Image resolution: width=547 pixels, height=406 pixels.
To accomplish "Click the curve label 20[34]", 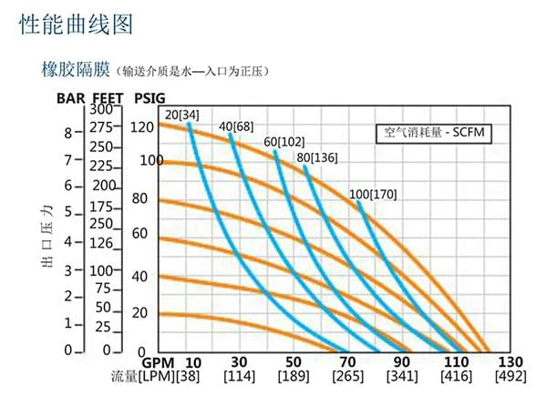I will pos(181,114).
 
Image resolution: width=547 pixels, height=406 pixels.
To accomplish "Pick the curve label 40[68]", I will pos(236,125).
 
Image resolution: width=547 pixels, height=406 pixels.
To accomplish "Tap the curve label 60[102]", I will pos(284,142).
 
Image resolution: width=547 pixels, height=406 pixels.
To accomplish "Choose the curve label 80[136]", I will pos(317,157).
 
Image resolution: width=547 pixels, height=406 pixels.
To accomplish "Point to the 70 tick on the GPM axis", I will pos(346,360).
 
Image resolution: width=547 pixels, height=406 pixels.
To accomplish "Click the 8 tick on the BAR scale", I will pos(67,132).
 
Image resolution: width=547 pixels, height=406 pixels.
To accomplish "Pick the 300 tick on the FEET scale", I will pos(100,110).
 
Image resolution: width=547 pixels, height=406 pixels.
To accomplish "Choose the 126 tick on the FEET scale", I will pos(100,242).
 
